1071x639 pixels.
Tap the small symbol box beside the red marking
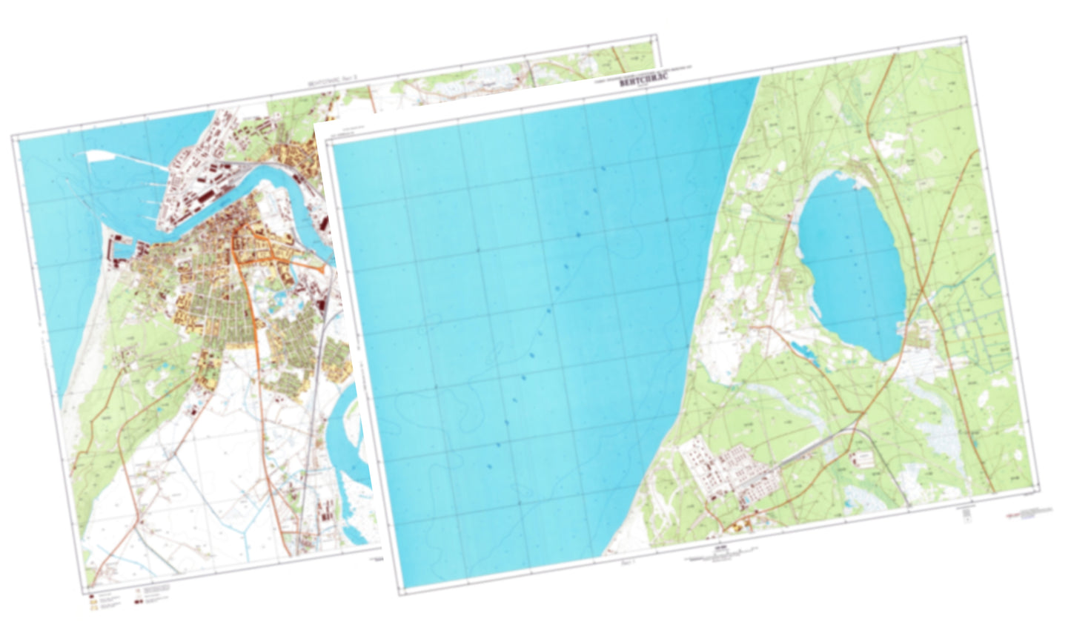[x=966, y=519]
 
